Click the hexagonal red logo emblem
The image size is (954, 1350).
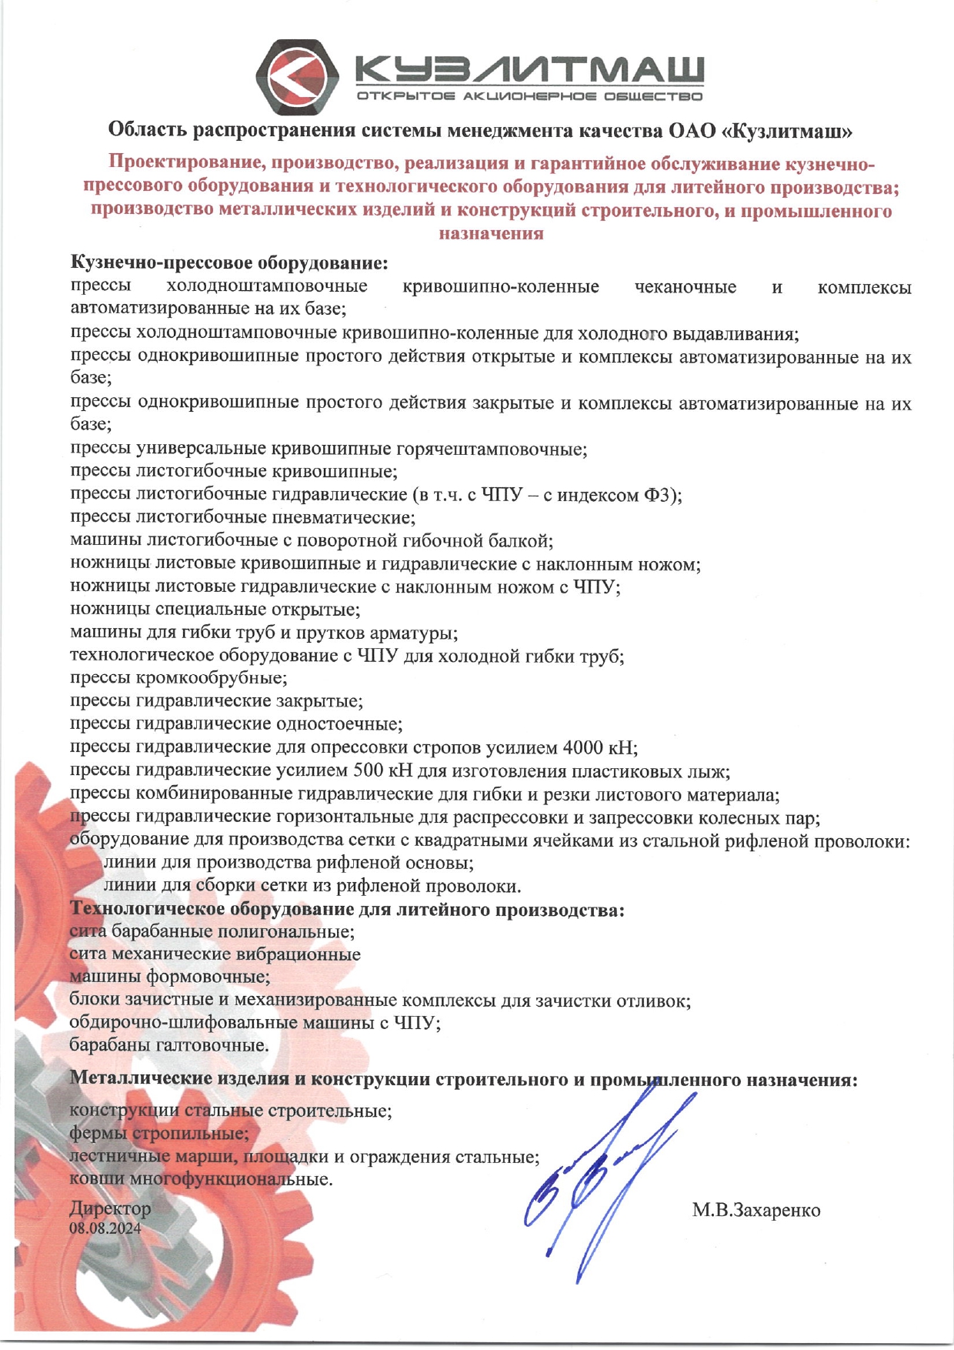coord(297,76)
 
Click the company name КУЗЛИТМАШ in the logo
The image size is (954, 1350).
coord(529,71)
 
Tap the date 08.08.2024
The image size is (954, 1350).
coord(105,1228)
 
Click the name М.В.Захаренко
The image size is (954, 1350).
coord(756,1210)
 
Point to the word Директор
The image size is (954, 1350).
coord(110,1208)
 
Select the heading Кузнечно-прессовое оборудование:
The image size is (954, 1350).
coord(229,263)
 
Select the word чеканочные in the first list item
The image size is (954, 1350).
coord(685,287)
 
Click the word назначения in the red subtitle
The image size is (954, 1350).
coord(491,233)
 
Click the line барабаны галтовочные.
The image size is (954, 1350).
coord(169,1045)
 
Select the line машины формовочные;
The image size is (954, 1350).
coord(169,977)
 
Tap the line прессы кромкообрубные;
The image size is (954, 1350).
coord(178,678)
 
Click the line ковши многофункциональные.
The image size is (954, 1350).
coord(201,1178)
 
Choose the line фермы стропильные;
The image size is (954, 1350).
coord(159,1133)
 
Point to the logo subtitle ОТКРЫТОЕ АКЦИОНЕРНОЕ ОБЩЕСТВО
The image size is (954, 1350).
coord(529,97)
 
